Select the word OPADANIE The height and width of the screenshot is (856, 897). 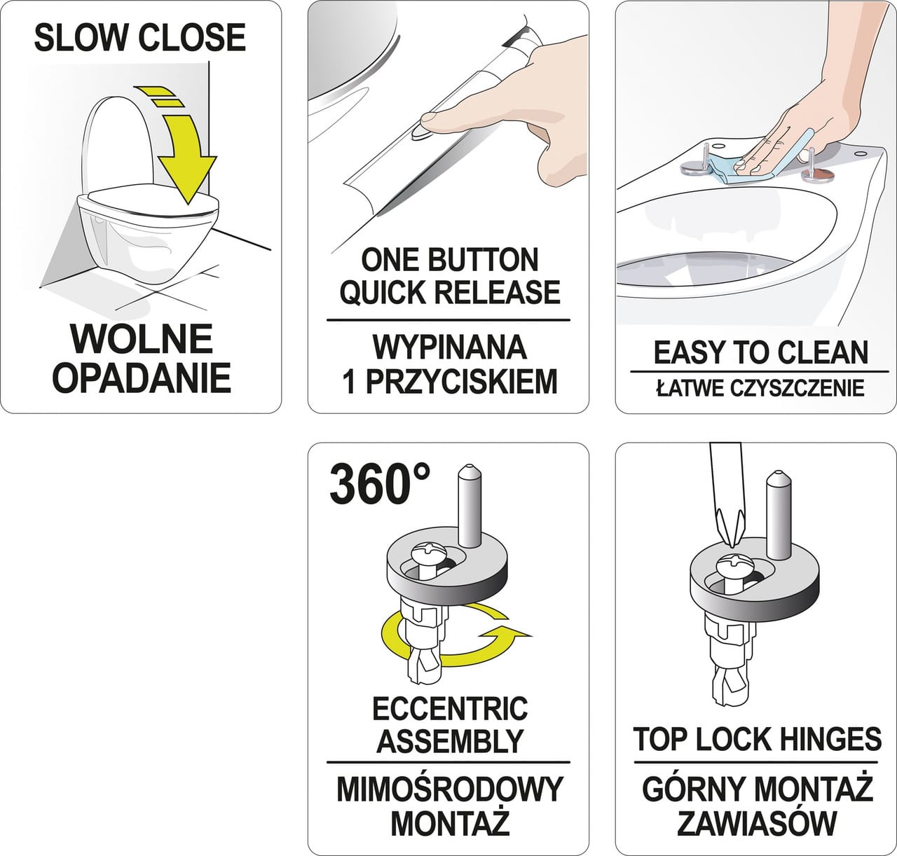pos(142,378)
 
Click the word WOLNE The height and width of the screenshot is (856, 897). pos(142,338)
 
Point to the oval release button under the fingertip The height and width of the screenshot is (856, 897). pos(421,132)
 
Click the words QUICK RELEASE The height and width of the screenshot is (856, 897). pos(449,291)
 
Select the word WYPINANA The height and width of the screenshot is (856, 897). pos(449,348)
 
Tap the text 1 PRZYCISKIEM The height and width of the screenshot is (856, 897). pos(449,382)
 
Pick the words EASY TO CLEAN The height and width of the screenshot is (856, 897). pos(760,353)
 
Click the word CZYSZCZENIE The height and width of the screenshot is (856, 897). pos(797,388)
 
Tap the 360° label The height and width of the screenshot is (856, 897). pos(381,485)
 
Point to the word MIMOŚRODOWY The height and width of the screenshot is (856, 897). pos(449,789)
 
